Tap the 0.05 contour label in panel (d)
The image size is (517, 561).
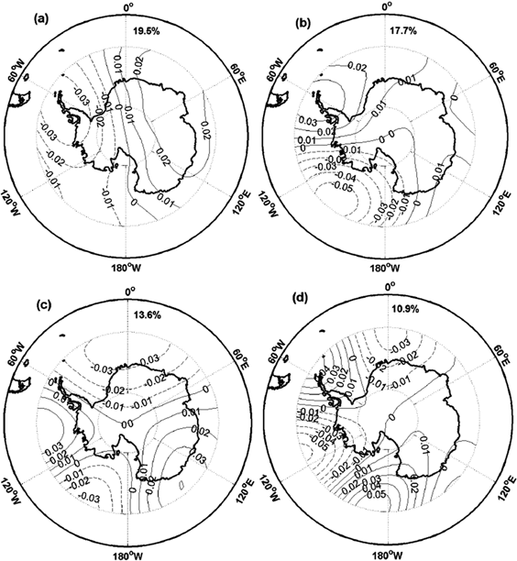coord(401,496)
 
